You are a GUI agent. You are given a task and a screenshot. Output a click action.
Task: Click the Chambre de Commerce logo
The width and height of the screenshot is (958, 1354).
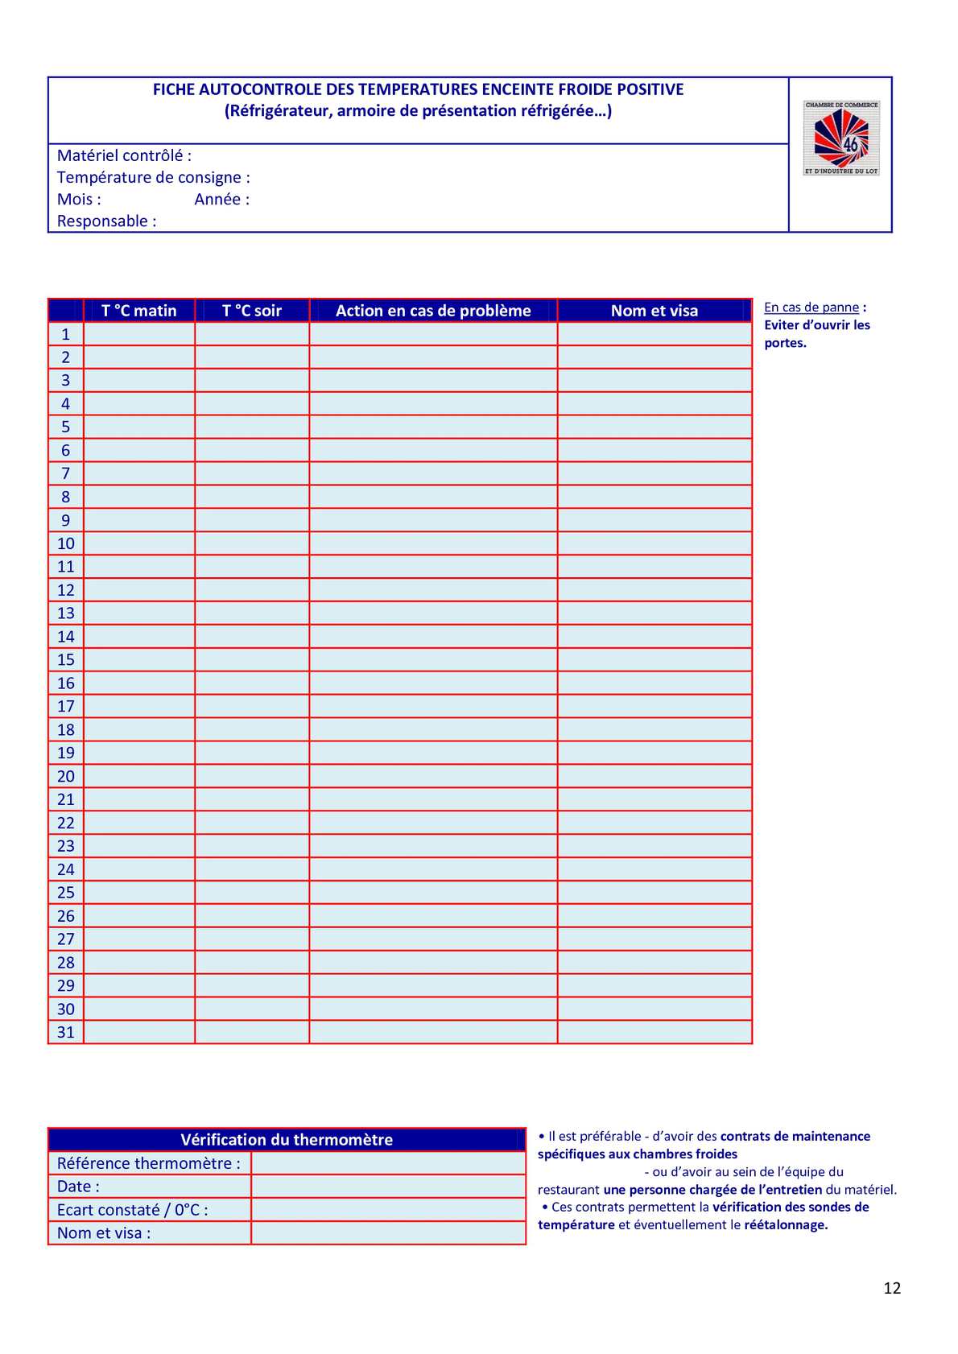(x=841, y=138)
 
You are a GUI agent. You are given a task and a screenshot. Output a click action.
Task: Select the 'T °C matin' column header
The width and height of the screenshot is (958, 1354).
(x=139, y=311)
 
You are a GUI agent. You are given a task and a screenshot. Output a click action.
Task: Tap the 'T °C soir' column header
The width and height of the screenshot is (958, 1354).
(x=252, y=311)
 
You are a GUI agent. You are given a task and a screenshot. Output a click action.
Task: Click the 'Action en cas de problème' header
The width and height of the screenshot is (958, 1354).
(x=433, y=311)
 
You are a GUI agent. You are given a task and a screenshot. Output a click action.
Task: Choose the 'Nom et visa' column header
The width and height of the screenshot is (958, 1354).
(x=654, y=311)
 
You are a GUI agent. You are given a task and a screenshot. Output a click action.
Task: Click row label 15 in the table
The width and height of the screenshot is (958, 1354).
(x=66, y=660)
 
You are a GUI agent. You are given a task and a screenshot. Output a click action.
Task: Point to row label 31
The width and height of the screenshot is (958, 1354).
(x=66, y=1032)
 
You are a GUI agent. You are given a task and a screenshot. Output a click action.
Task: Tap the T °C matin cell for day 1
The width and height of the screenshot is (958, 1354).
(x=139, y=334)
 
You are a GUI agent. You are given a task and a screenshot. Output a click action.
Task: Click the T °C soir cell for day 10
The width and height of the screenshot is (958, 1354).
(x=252, y=543)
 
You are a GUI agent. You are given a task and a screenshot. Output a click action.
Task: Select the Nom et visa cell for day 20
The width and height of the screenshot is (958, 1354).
(x=654, y=776)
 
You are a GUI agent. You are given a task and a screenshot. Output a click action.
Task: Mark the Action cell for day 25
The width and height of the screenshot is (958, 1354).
(x=433, y=893)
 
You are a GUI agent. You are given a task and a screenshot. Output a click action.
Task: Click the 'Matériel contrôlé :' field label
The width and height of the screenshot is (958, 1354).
(x=124, y=155)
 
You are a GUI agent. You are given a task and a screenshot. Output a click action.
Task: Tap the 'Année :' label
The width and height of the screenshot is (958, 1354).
(x=222, y=199)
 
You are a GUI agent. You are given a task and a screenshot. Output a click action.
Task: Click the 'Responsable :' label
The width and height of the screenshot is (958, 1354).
(x=106, y=221)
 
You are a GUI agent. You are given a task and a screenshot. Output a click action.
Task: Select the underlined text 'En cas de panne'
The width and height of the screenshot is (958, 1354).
(x=811, y=307)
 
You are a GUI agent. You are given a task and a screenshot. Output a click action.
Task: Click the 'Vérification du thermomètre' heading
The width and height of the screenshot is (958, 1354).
(x=287, y=1140)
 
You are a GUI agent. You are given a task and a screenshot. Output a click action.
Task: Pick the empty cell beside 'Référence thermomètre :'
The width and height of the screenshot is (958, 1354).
(x=388, y=1163)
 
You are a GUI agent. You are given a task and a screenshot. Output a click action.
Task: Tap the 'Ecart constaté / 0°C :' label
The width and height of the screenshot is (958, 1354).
(x=133, y=1210)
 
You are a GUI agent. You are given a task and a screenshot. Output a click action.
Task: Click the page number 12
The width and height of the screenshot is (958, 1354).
(x=892, y=1288)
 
